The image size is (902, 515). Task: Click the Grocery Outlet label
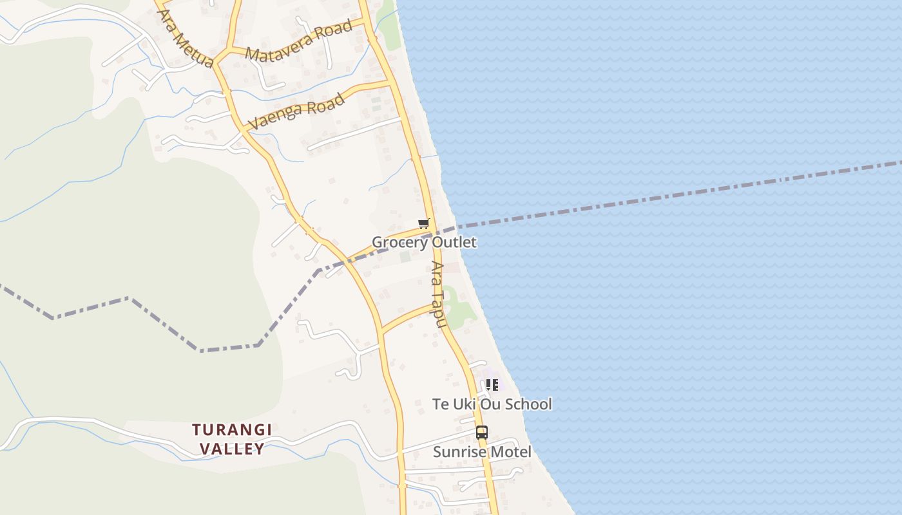pos(424,242)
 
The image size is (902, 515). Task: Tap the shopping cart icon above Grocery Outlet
pos(423,224)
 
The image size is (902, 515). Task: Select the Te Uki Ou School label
pos(492,404)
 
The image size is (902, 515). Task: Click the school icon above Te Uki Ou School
pos(492,385)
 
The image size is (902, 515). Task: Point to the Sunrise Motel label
pos(482,452)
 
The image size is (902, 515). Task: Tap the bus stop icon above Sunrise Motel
pos(482,433)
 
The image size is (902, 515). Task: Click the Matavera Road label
pos(299,41)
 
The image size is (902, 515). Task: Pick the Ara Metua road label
pos(185,39)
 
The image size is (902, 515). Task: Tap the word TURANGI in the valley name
pos(232,429)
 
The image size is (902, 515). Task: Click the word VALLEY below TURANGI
pos(232,449)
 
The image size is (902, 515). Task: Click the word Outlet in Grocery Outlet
pos(454,242)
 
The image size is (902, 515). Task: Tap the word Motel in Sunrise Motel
pos(510,452)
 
